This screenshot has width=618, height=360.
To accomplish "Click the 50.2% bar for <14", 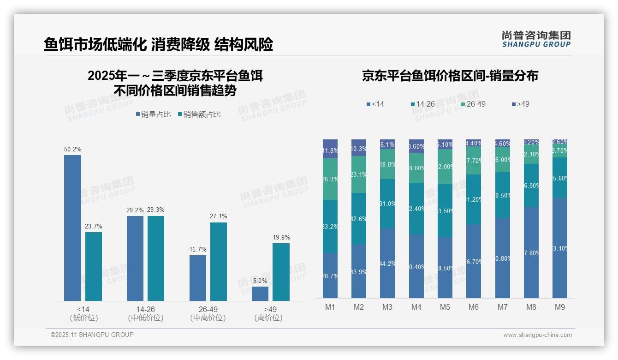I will coord(72,228).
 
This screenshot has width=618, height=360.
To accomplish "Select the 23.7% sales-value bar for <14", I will coord(94,266).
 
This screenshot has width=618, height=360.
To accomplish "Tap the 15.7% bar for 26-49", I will coord(197,278).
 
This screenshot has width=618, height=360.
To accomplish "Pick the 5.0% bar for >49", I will coord(260,294).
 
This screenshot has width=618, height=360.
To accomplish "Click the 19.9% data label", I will coord(281,238).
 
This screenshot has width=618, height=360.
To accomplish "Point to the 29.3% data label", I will coord(156,210).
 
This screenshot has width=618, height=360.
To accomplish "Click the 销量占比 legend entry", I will coord(153,114).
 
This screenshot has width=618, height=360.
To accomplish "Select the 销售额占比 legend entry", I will coord(199,114).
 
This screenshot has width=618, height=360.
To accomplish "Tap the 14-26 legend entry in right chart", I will coord(422,104).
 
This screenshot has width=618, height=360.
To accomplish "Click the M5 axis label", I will coord(445,307).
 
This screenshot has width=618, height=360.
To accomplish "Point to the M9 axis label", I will coord(559,307).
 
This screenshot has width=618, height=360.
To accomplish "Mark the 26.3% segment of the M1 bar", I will coord(330,179).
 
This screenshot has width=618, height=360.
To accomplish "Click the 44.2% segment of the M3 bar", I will coord(387,263).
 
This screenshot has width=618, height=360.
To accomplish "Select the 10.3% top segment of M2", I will coord(359,148).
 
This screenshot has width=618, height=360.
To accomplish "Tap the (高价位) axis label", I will coord(268,318).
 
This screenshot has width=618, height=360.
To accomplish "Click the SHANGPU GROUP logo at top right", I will coord(536,39).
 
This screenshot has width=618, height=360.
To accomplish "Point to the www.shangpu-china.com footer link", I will coord(537,335).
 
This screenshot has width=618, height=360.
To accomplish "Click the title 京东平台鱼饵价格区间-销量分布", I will coord(450,76).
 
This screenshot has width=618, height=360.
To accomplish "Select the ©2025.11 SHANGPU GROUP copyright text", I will coord(92,335).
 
